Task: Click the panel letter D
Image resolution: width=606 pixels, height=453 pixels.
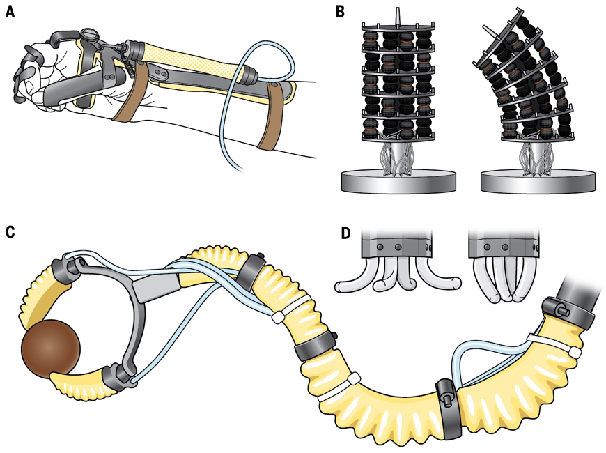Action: point(341,232)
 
